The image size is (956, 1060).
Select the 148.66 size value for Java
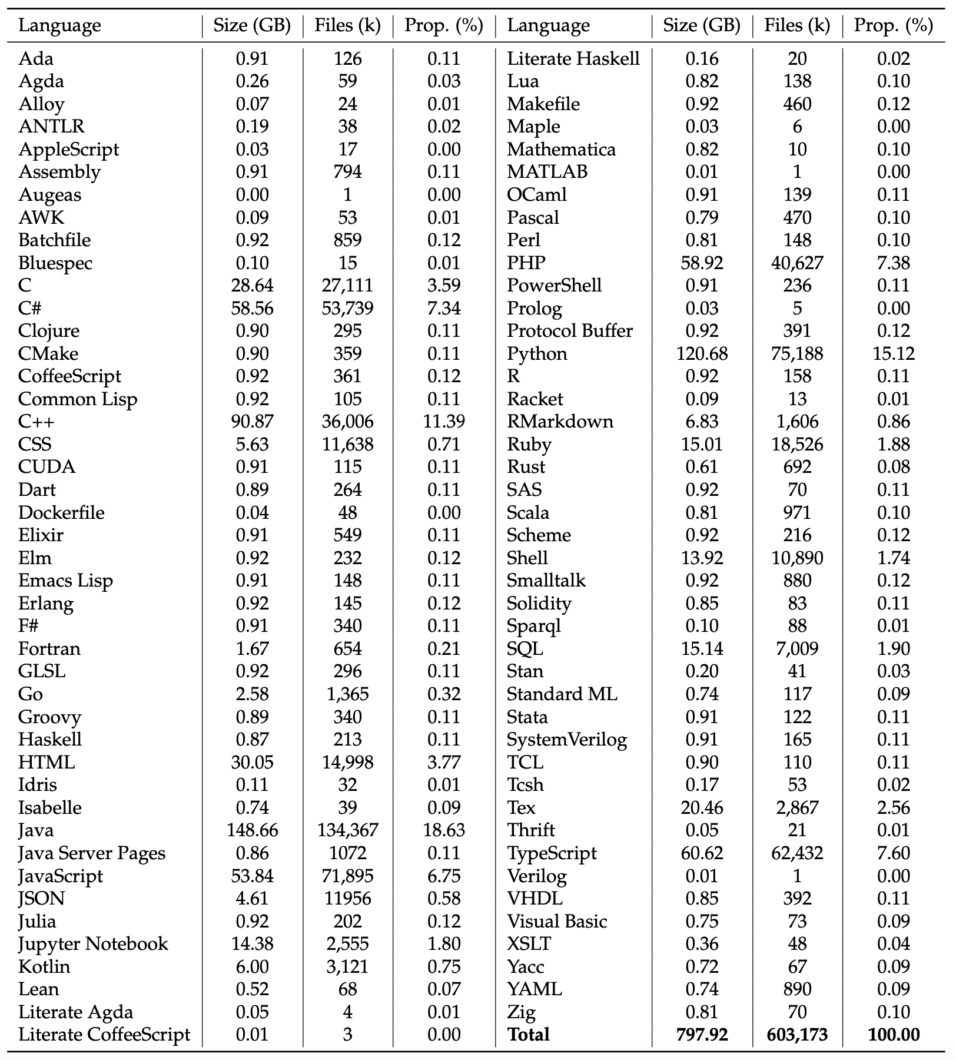(252, 830)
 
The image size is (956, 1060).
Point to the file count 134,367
(347, 830)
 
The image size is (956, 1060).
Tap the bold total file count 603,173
(797, 1035)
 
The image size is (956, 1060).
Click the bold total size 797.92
(702, 1035)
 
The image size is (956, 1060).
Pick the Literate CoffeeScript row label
(104, 1035)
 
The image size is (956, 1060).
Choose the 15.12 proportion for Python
(894, 353)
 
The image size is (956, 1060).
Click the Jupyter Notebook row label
(93, 943)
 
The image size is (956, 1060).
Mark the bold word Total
(528, 1035)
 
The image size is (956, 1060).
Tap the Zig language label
(521, 1012)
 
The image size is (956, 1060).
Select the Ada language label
(36, 58)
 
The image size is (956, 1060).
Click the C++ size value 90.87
(252, 422)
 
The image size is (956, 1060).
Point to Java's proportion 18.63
(444, 830)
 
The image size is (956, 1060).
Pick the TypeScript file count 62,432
(797, 853)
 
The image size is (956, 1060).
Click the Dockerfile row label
(61, 512)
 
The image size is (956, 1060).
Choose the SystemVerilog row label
(567, 739)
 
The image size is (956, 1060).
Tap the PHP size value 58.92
(702, 263)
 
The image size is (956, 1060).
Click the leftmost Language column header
(59, 25)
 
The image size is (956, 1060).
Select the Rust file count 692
(797, 467)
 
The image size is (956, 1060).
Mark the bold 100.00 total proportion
(894, 1035)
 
